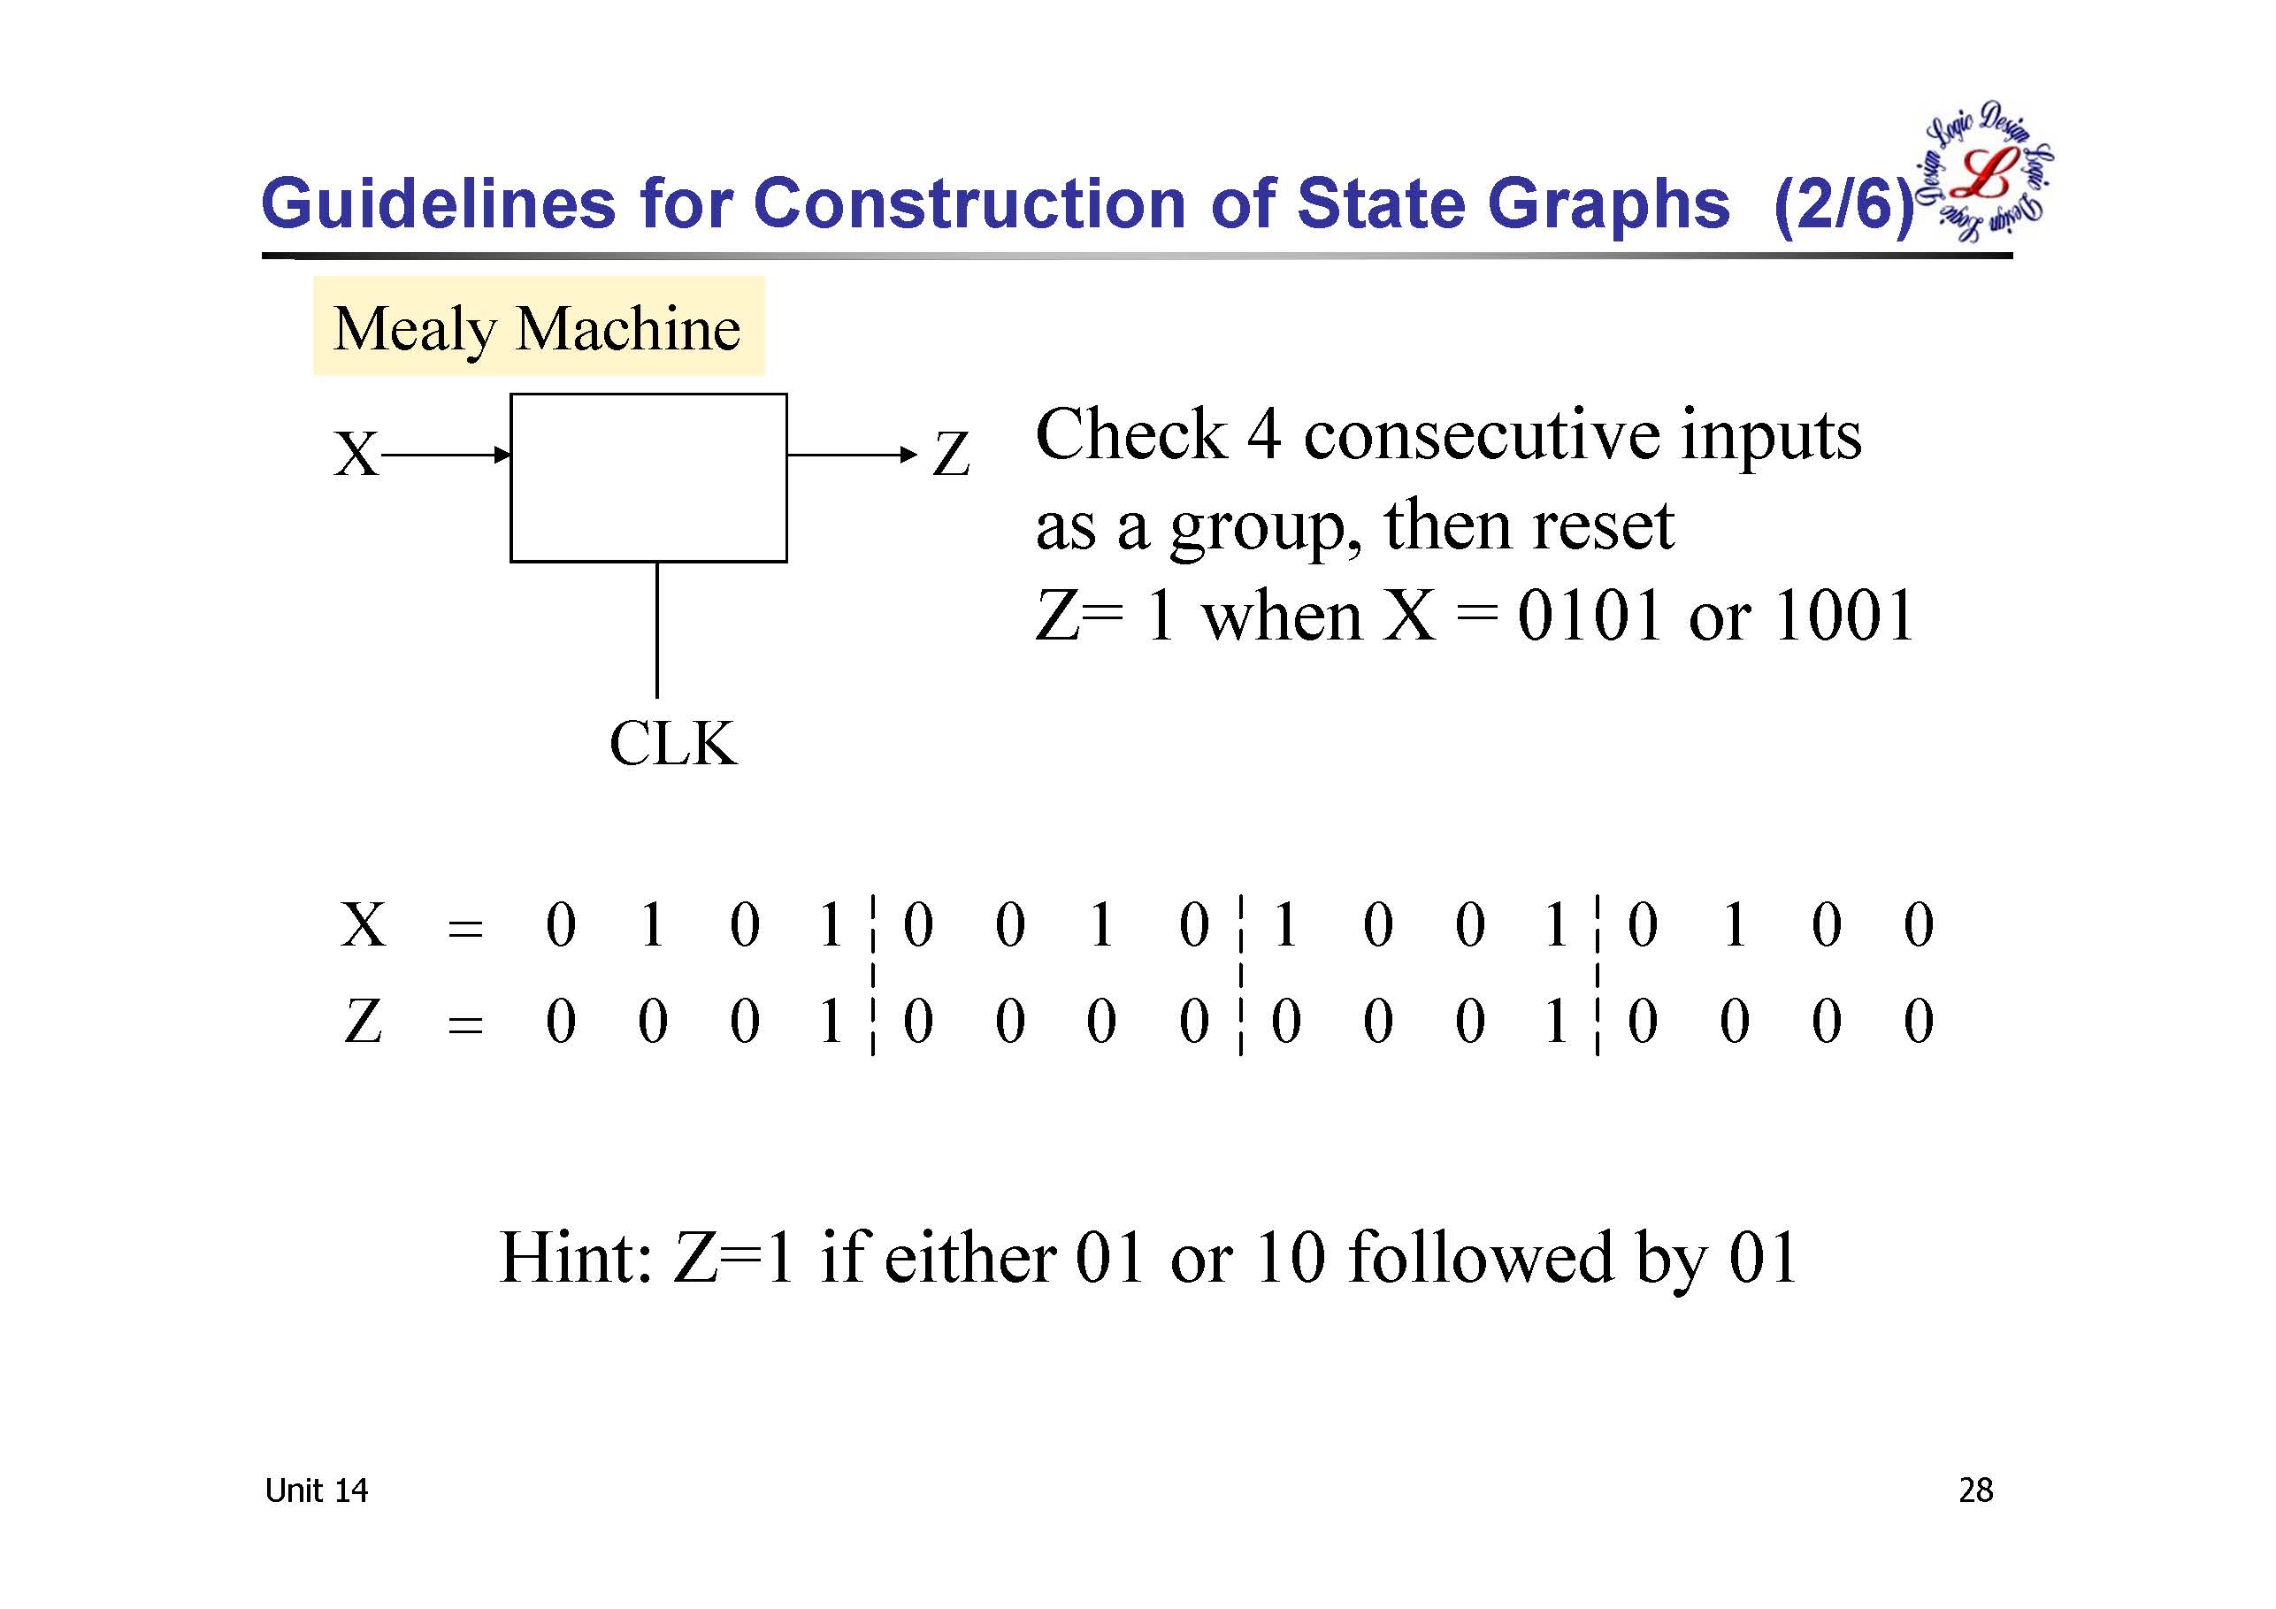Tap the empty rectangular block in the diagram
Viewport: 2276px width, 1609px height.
point(648,478)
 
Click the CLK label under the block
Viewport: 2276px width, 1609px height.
point(673,744)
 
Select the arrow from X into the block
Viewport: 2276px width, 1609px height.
point(446,455)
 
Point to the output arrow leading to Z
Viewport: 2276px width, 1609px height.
point(852,455)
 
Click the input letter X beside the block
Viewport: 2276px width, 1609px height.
point(356,455)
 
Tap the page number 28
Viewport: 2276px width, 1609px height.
point(1974,1490)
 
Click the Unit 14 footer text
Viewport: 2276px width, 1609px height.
point(316,1490)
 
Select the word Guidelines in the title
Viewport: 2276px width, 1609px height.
point(438,204)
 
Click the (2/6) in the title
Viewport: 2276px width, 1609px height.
point(1843,206)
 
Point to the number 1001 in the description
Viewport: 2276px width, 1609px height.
point(1843,616)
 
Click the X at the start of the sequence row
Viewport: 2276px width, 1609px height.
point(363,925)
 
